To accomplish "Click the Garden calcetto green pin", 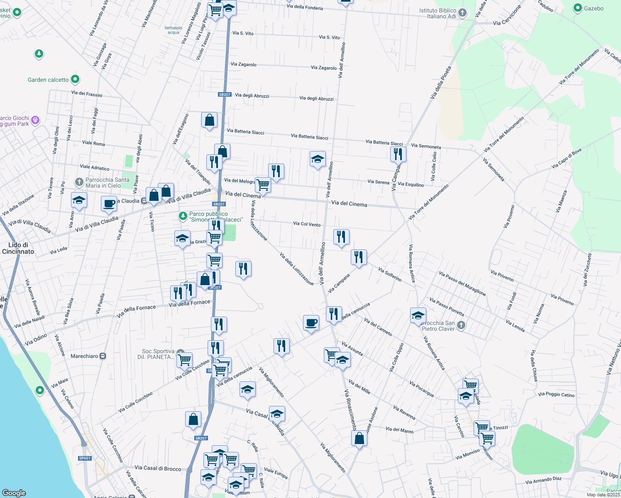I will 75,79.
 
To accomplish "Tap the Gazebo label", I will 594,8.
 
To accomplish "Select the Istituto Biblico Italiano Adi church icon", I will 462,13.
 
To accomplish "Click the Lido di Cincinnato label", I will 18,248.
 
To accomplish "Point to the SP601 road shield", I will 85,458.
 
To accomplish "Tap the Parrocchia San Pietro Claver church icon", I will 461,325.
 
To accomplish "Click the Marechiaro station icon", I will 103,356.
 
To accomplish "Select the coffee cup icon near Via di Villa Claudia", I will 109,203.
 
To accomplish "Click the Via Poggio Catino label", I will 556,395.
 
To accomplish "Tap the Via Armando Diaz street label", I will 543,480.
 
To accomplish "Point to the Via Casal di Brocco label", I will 158,469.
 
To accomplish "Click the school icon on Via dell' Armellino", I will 318,159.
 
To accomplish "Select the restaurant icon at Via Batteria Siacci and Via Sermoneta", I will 398,154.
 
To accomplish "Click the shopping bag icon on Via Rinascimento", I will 359,438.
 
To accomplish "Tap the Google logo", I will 14,493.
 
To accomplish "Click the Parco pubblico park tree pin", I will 183,216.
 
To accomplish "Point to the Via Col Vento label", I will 307,224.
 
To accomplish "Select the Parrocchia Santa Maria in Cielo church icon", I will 79,182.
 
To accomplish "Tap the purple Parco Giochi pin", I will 36,120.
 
